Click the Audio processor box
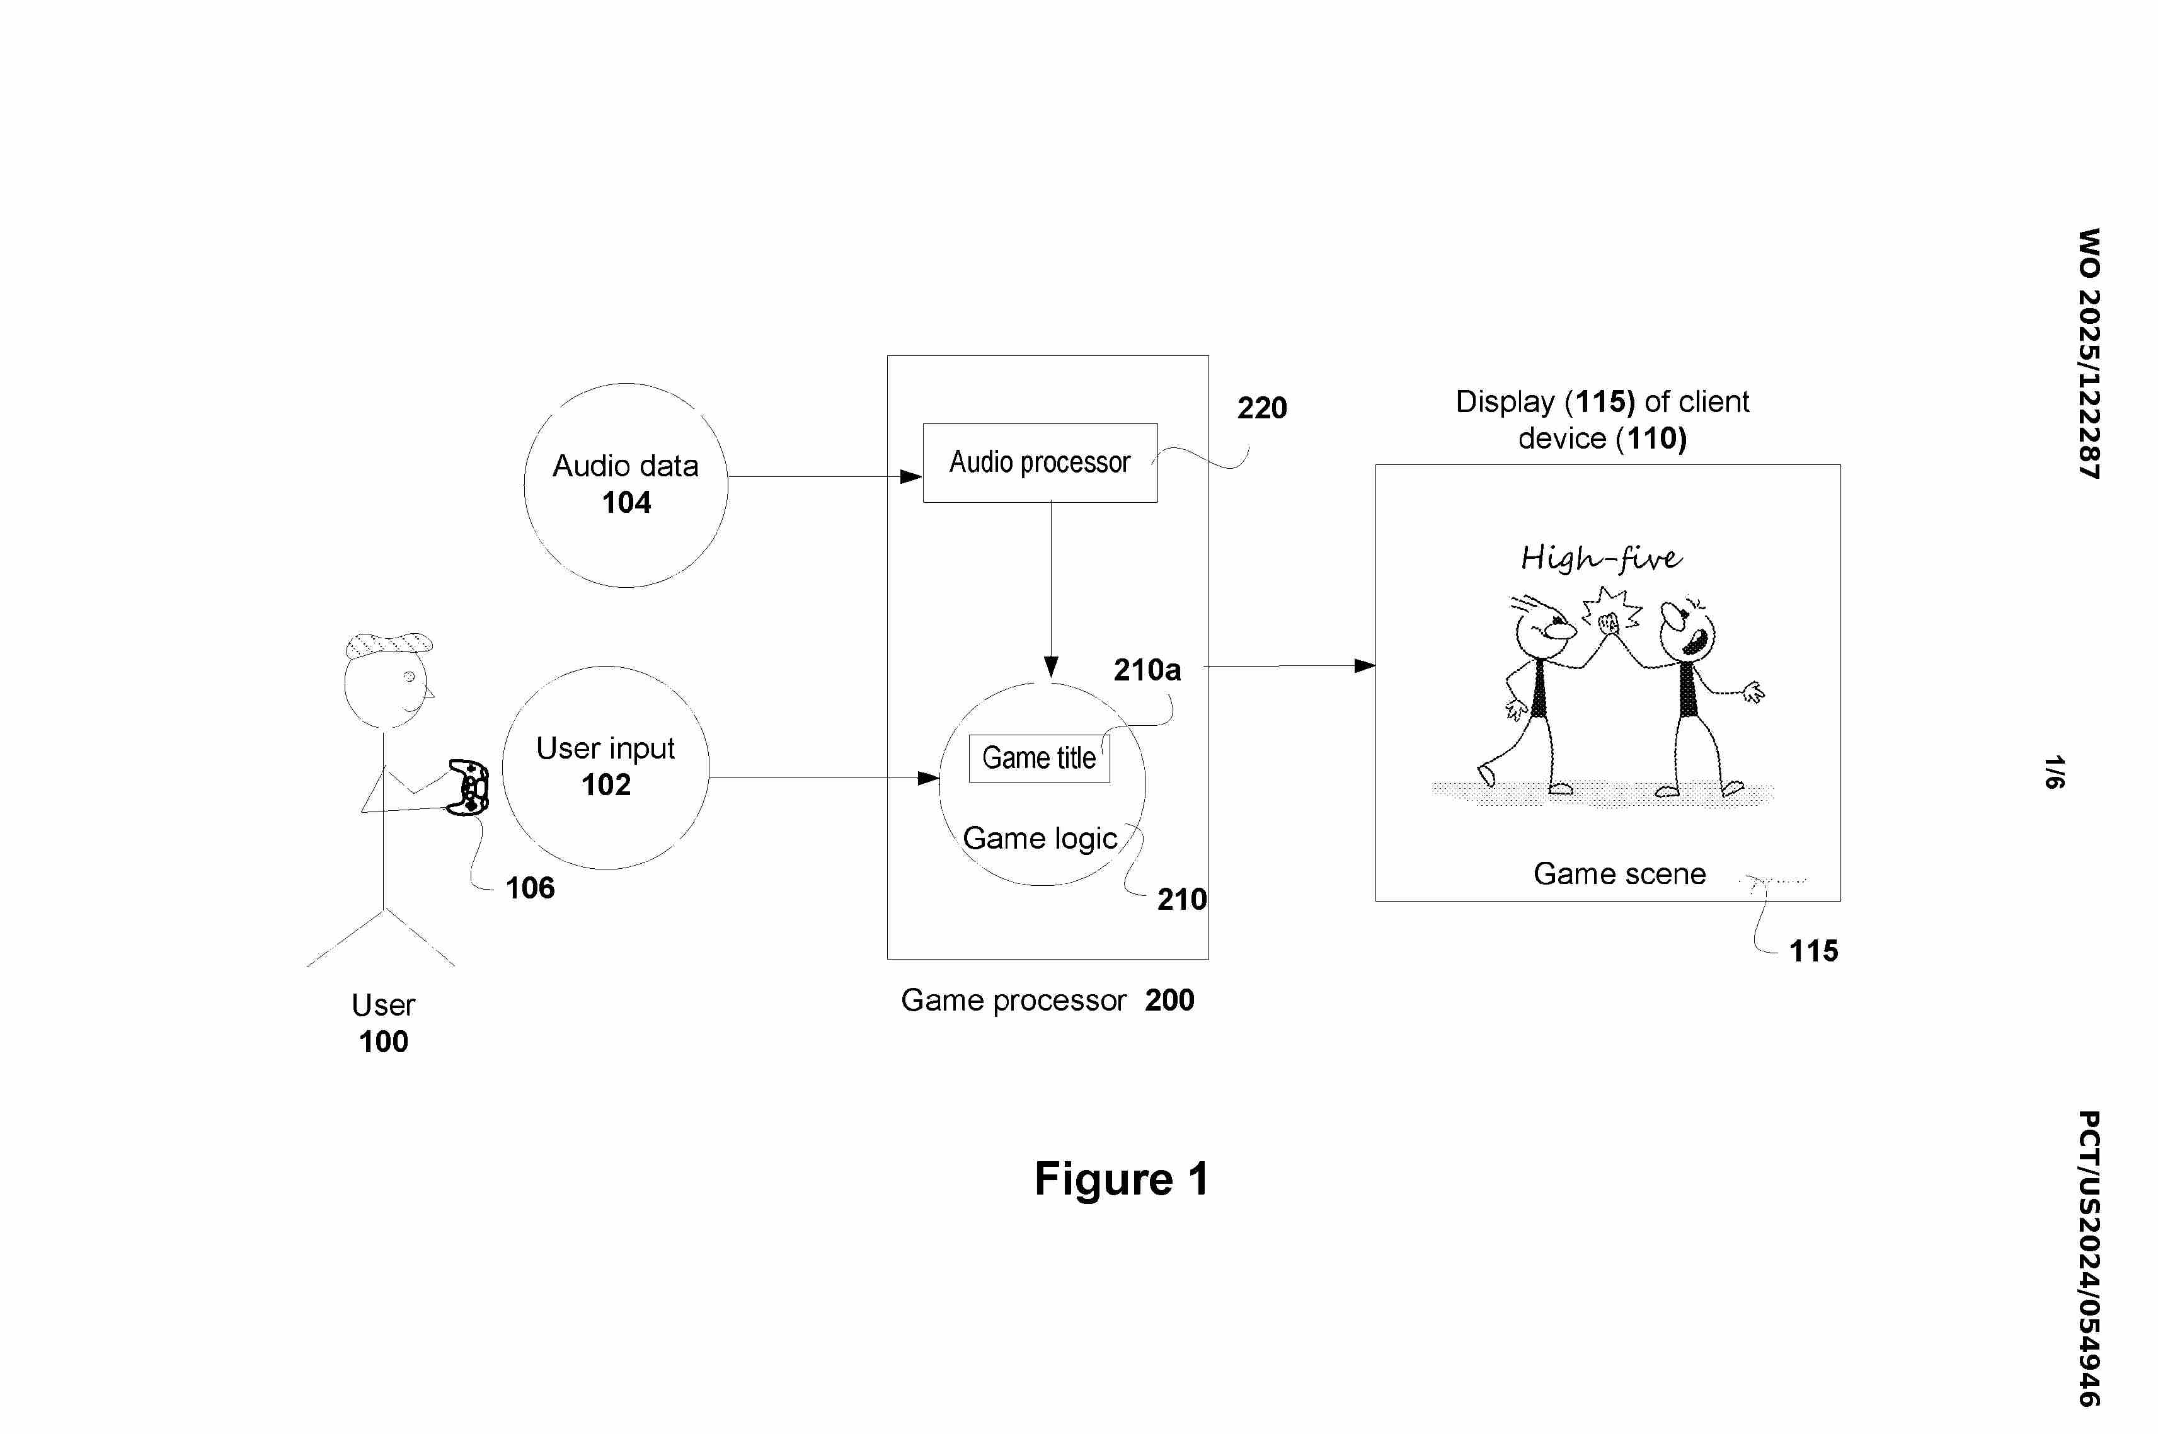coord(1040,462)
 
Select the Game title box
coord(1039,758)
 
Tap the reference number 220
coord(1262,408)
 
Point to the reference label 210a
coord(1147,670)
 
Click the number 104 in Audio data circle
coord(626,503)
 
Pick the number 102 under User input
coord(606,784)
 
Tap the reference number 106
coord(531,888)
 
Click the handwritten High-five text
coord(1600,558)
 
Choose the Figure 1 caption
coord(1121,1179)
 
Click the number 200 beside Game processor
coord(1169,1001)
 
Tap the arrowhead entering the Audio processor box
coord(910,476)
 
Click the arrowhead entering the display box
coord(1364,666)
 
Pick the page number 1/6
coord(2054,772)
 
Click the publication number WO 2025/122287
coord(2089,353)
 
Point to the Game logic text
coord(1040,839)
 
